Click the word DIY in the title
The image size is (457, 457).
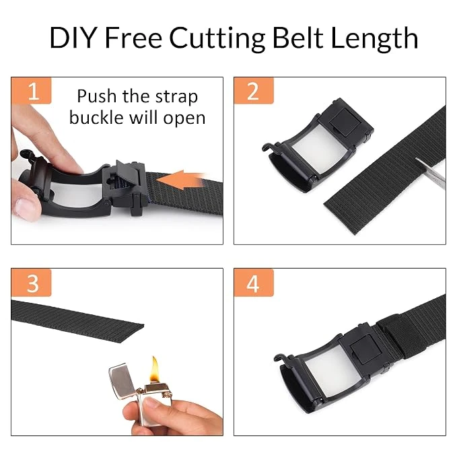click(x=73, y=37)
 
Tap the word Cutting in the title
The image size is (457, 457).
click(x=217, y=39)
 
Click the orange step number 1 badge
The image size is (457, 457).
click(x=31, y=91)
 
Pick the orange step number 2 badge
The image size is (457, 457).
click(x=254, y=91)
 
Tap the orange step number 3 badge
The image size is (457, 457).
click(x=31, y=283)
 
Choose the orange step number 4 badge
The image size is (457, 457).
click(x=254, y=283)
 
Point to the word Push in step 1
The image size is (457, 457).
click(x=97, y=96)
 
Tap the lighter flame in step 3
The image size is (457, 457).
click(x=155, y=369)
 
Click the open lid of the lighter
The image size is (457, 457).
click(x=122, y=381)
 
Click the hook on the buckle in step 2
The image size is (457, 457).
click(x=268, y=147)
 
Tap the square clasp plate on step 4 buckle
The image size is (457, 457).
click(x=365, y=349)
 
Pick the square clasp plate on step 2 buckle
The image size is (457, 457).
click(x=346, y=122)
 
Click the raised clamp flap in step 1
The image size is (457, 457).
click(x=128, y=174)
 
